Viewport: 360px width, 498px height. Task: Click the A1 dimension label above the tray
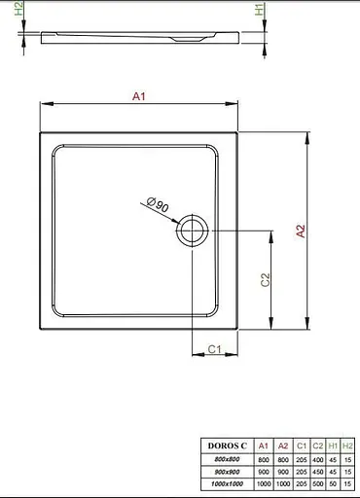pos(138,96)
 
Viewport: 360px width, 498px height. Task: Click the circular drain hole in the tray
pos(191,231)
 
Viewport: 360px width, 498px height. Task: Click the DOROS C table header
pos(227,445)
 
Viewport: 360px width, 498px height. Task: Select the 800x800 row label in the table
pos(227,458)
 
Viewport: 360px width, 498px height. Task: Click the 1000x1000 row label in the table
pos(227,482)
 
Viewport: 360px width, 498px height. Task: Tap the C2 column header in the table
pos(318,445)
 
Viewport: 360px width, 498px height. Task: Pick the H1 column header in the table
pos(334,445)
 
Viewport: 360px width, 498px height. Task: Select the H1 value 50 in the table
pos(334,482)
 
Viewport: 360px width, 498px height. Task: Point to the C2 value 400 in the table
pos(318,458)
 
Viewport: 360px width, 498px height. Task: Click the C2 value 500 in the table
pos(318,482)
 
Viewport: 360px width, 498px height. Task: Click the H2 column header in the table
pos(348,445)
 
